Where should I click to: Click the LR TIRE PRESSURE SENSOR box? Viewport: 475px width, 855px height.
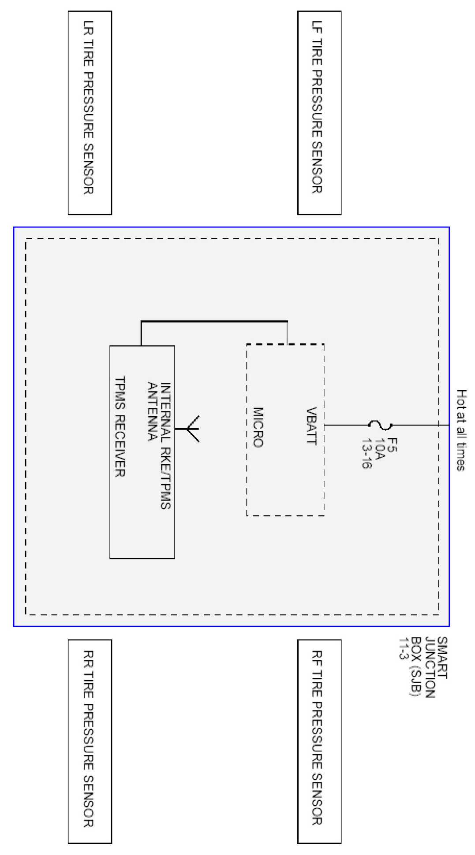(x=90, y=113)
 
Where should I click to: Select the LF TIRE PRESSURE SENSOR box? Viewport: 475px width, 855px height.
(x=319, y=113)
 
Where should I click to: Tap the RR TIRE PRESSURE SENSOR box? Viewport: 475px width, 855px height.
(x=90, y=741)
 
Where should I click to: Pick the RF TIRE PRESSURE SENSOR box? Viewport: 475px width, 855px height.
(x=319, y=741)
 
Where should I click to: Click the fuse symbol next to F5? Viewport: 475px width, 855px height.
(x=380, y=425)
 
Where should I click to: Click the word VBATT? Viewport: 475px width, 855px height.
(x=312, y=426)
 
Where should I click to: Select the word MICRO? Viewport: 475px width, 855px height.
(x=258, y=427)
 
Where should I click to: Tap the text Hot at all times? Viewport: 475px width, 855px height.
(x=461, y=430)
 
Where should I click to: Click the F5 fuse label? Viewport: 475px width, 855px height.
(x=392, y=445)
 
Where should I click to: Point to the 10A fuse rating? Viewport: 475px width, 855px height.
(x=380, y=448)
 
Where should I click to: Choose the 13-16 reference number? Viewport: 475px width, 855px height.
(x=367, y=453)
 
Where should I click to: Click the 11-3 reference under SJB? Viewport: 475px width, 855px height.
(x=403, y=648)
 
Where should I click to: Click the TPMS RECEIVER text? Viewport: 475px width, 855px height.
(x=120, y=426)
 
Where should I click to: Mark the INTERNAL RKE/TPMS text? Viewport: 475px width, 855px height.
(x=165, y=445)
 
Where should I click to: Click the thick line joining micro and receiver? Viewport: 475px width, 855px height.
(x=214, y=322)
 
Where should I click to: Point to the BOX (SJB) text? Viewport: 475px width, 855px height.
(x=416, y=666)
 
